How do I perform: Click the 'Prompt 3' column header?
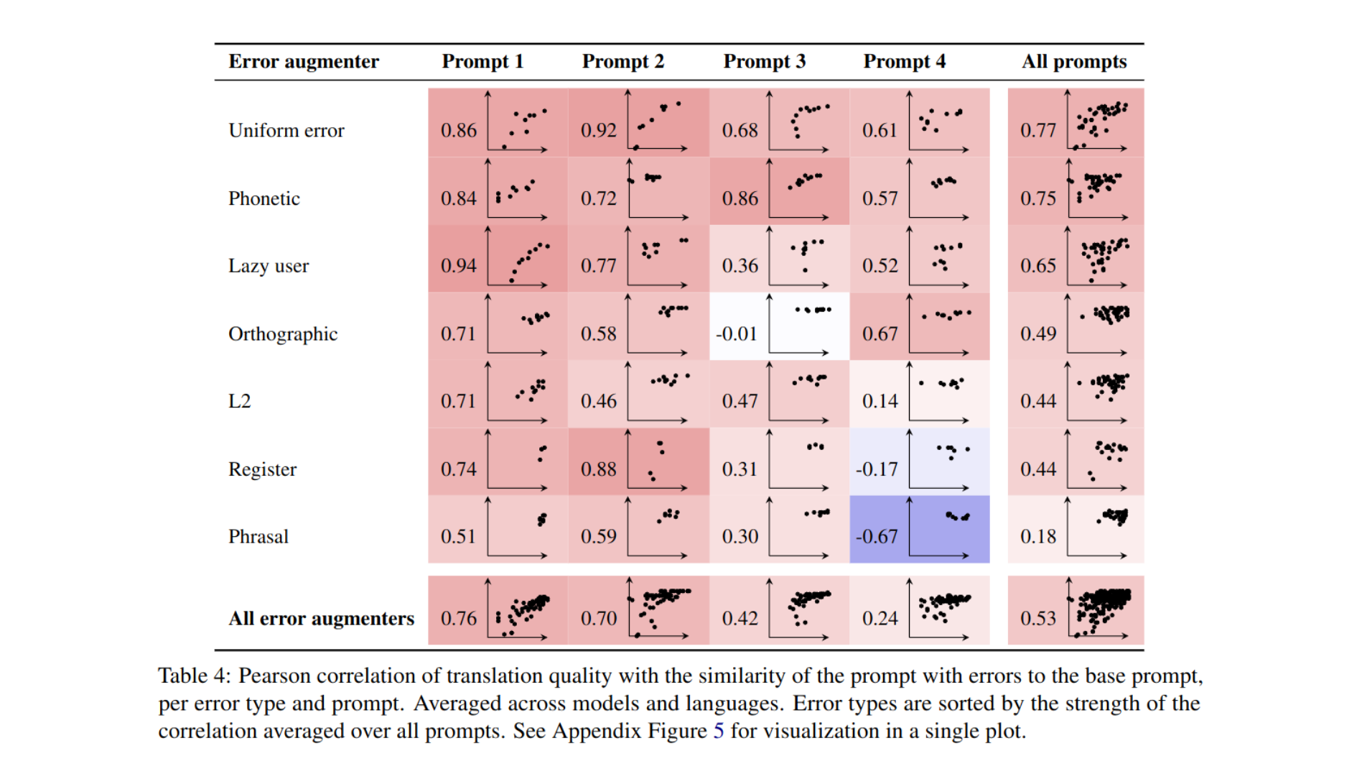click(764, 62)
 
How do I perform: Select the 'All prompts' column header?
click(1074, 62)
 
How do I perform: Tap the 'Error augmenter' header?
click(304, 62)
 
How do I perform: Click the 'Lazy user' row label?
click(269, 266)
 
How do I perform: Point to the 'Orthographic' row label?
click(283, 334)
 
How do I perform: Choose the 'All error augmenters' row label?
click(322, 618)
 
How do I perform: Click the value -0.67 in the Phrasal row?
click(877, 537)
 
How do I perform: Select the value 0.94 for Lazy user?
click(459, 266)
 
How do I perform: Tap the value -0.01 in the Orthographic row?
click(737, 334)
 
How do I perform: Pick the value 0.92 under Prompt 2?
click(599, 131)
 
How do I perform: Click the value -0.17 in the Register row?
click(877, 469)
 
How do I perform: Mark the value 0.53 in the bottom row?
click(1038, 618)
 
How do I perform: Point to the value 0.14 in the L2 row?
click(880, 401)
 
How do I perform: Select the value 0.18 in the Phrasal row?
click(1038, 537)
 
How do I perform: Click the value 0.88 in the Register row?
click(599, 469)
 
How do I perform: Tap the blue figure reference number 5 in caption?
click(719, 731)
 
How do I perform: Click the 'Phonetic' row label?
click(264, 198)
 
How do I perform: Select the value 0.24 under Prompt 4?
click(880, 618)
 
